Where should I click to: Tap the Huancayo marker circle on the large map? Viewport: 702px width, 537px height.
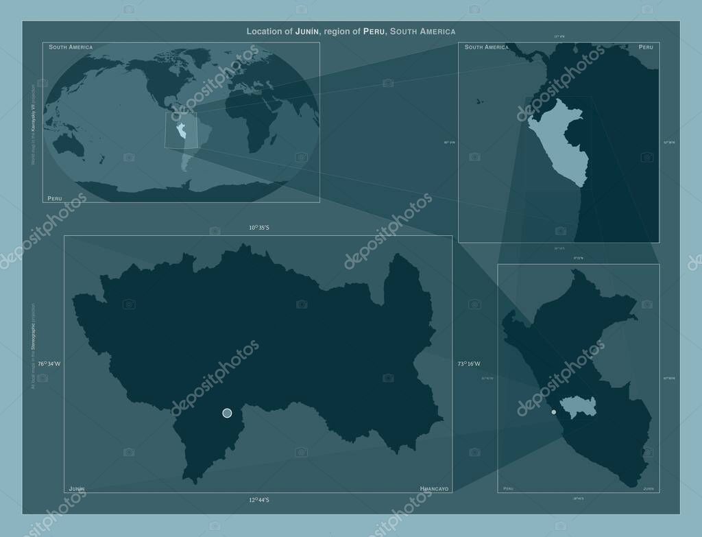(227, 413)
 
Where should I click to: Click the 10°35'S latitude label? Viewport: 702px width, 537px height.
(259, 227)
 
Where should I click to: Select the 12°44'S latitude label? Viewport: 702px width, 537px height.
(259, 500)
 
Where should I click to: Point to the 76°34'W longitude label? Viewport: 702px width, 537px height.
(49, 363)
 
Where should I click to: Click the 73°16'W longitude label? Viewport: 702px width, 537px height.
(470, 363)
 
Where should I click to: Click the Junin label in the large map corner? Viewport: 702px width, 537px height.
(76, 488)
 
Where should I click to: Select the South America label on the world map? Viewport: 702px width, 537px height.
(71, 47)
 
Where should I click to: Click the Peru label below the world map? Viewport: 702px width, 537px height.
(54, 198)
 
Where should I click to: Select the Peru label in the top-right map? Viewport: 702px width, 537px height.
(645, 47)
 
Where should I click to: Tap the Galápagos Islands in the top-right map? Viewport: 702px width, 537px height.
(478, 102)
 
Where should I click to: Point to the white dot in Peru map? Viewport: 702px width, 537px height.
(554, 412)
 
